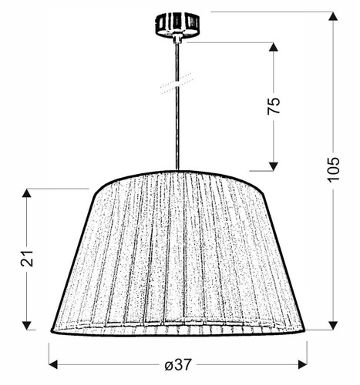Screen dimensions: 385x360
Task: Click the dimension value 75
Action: point(274,105)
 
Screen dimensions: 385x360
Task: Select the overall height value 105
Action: point(332,175)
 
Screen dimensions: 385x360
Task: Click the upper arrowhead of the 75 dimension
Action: point(274,47)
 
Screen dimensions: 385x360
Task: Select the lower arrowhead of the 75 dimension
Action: point(274,164)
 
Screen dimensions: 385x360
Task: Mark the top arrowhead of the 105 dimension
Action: point(332,17)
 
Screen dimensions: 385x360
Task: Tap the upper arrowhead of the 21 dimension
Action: point(27,194)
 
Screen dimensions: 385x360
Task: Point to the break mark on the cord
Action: point(178,82)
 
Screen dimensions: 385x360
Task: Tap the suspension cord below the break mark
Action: point(178,131)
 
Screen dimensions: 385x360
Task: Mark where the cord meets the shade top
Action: point(178,171)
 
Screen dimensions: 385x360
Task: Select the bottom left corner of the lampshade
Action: point(52,331)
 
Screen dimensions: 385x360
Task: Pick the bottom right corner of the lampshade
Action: point(306,331)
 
